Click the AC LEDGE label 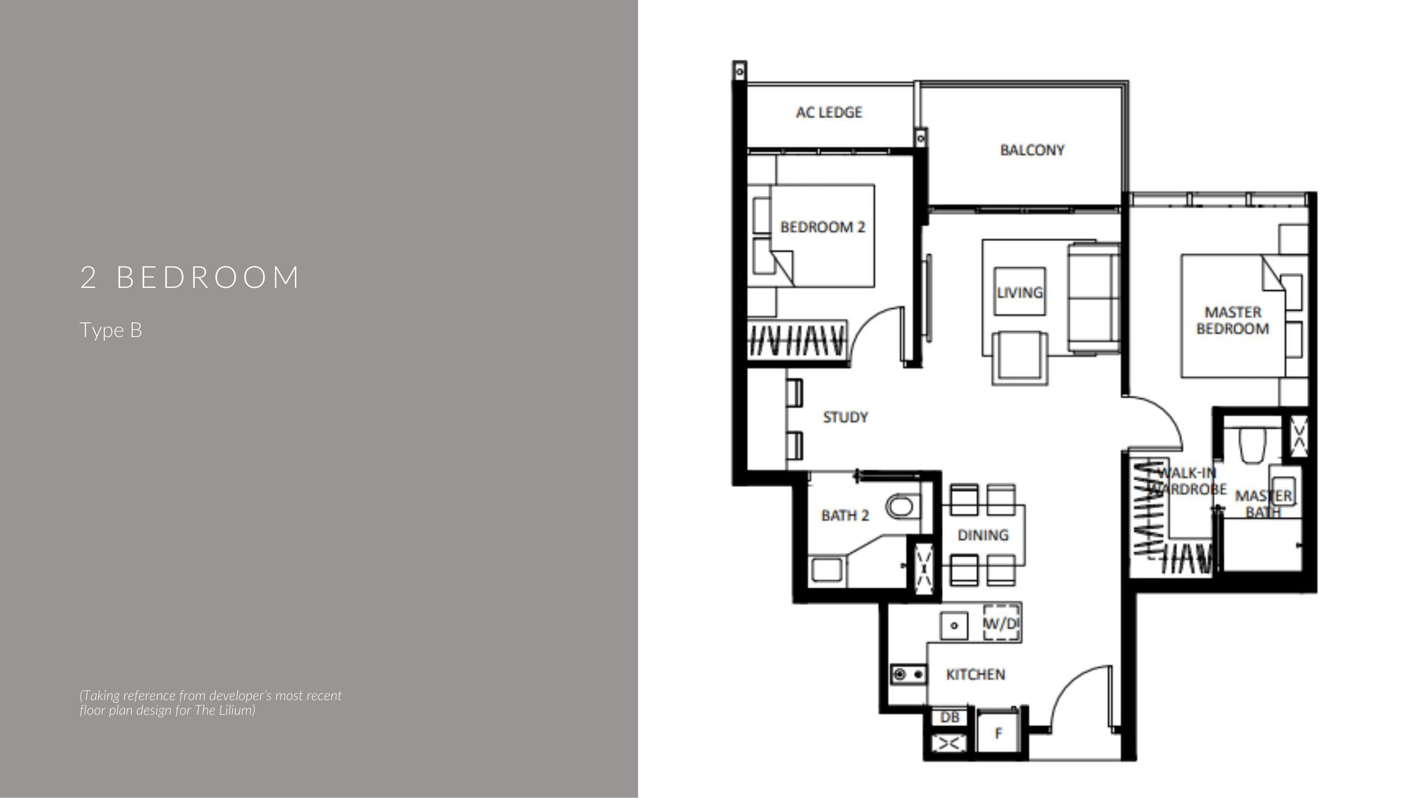click(829, 112)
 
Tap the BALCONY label click(1032, 150)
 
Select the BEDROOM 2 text click(822, 227)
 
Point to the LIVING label click(1020, 292)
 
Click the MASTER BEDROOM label click(1233, 321)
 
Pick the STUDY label click(845, 417)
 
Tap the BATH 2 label click(845, 516)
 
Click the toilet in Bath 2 click(902, 506)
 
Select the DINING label click(983, 535)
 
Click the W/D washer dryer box click(1002, 623)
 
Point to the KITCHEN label click(975, 674)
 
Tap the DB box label click(949, 717)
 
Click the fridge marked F click(998, 733)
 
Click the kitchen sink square click(954, 625)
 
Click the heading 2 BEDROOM click(189, 277)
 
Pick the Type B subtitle click(111, 330)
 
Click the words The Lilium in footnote click(223, 710)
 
